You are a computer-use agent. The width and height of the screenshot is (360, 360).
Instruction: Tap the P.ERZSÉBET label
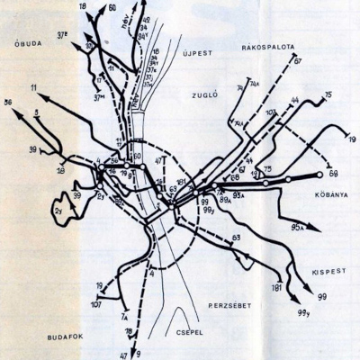229,305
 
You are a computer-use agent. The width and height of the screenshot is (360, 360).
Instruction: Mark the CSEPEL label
191,329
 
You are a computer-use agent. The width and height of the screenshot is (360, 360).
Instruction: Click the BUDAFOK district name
65,336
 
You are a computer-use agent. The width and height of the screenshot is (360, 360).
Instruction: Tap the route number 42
147,19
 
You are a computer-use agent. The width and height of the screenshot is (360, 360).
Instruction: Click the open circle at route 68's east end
319,175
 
